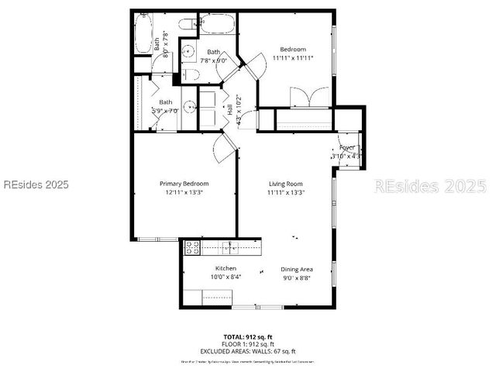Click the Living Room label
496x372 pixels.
(285, 184)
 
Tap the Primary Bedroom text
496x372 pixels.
(184, 184)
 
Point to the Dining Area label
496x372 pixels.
(297, 269)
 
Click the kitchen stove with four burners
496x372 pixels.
(191, 247)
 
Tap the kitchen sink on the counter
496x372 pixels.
(229, 247)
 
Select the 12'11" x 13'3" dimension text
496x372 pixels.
(184, 192)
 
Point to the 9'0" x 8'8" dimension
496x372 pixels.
(296, 277)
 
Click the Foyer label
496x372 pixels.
(346, 147)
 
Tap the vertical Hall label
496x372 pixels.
(230, 110)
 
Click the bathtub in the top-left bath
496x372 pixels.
(143, 35)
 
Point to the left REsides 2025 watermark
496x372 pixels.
(35, 184)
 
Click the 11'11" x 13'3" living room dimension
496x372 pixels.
(285, 192)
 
